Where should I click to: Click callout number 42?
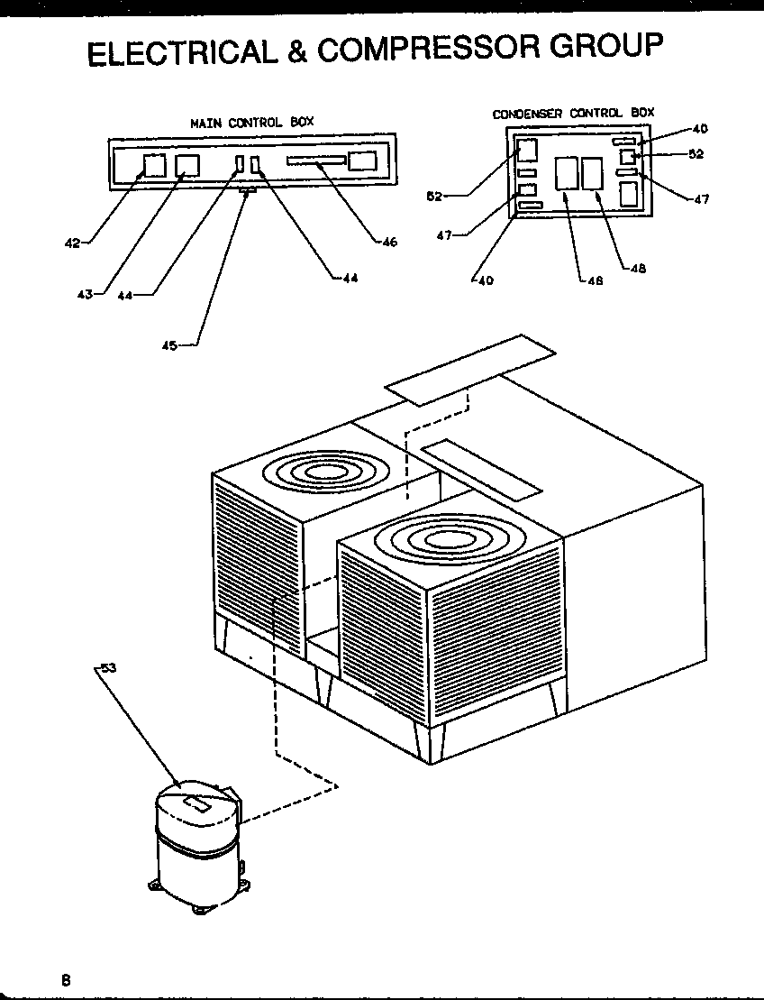[x=71, y=242]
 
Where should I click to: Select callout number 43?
[x=84, y=294]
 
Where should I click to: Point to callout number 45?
[x=168, y=344]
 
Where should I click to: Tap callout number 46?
[x=388, y=242]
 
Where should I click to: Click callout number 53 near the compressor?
[x=107, y=668]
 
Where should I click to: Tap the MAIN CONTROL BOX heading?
[x=251, y=121]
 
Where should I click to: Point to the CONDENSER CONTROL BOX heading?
[x=573, y=114]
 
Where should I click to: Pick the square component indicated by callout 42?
[x=155, y=165]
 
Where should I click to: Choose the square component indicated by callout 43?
[x=187, y=165]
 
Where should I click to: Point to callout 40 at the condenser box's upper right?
[x=701, y=129]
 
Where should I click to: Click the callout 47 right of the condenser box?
[x=701, y=200]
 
